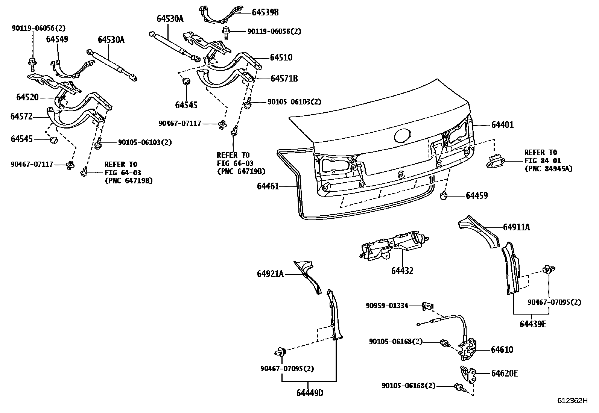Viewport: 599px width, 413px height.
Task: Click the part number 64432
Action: click(402, 271)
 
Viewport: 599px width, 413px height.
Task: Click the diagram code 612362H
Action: click(572, 400)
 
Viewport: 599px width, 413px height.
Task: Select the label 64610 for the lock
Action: click(502, 349)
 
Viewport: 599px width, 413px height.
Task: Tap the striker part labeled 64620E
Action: click(467, 374)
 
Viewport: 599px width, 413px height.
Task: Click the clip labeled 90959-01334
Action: click(427, 306)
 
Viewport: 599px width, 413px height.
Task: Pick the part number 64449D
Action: click(310, 393)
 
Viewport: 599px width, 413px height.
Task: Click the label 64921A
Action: click(270, 274)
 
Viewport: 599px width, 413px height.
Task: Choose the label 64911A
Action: click(516, 227)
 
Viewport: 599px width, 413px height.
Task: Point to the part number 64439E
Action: click(533, 324)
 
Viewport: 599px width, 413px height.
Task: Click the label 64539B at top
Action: click(265, 12)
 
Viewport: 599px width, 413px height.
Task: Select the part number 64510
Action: click(281, 57)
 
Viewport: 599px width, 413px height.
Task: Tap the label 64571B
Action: click(284, 79)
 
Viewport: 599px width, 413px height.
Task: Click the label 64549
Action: click(57, 39)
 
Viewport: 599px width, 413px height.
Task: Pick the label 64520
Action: click(27, 97)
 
